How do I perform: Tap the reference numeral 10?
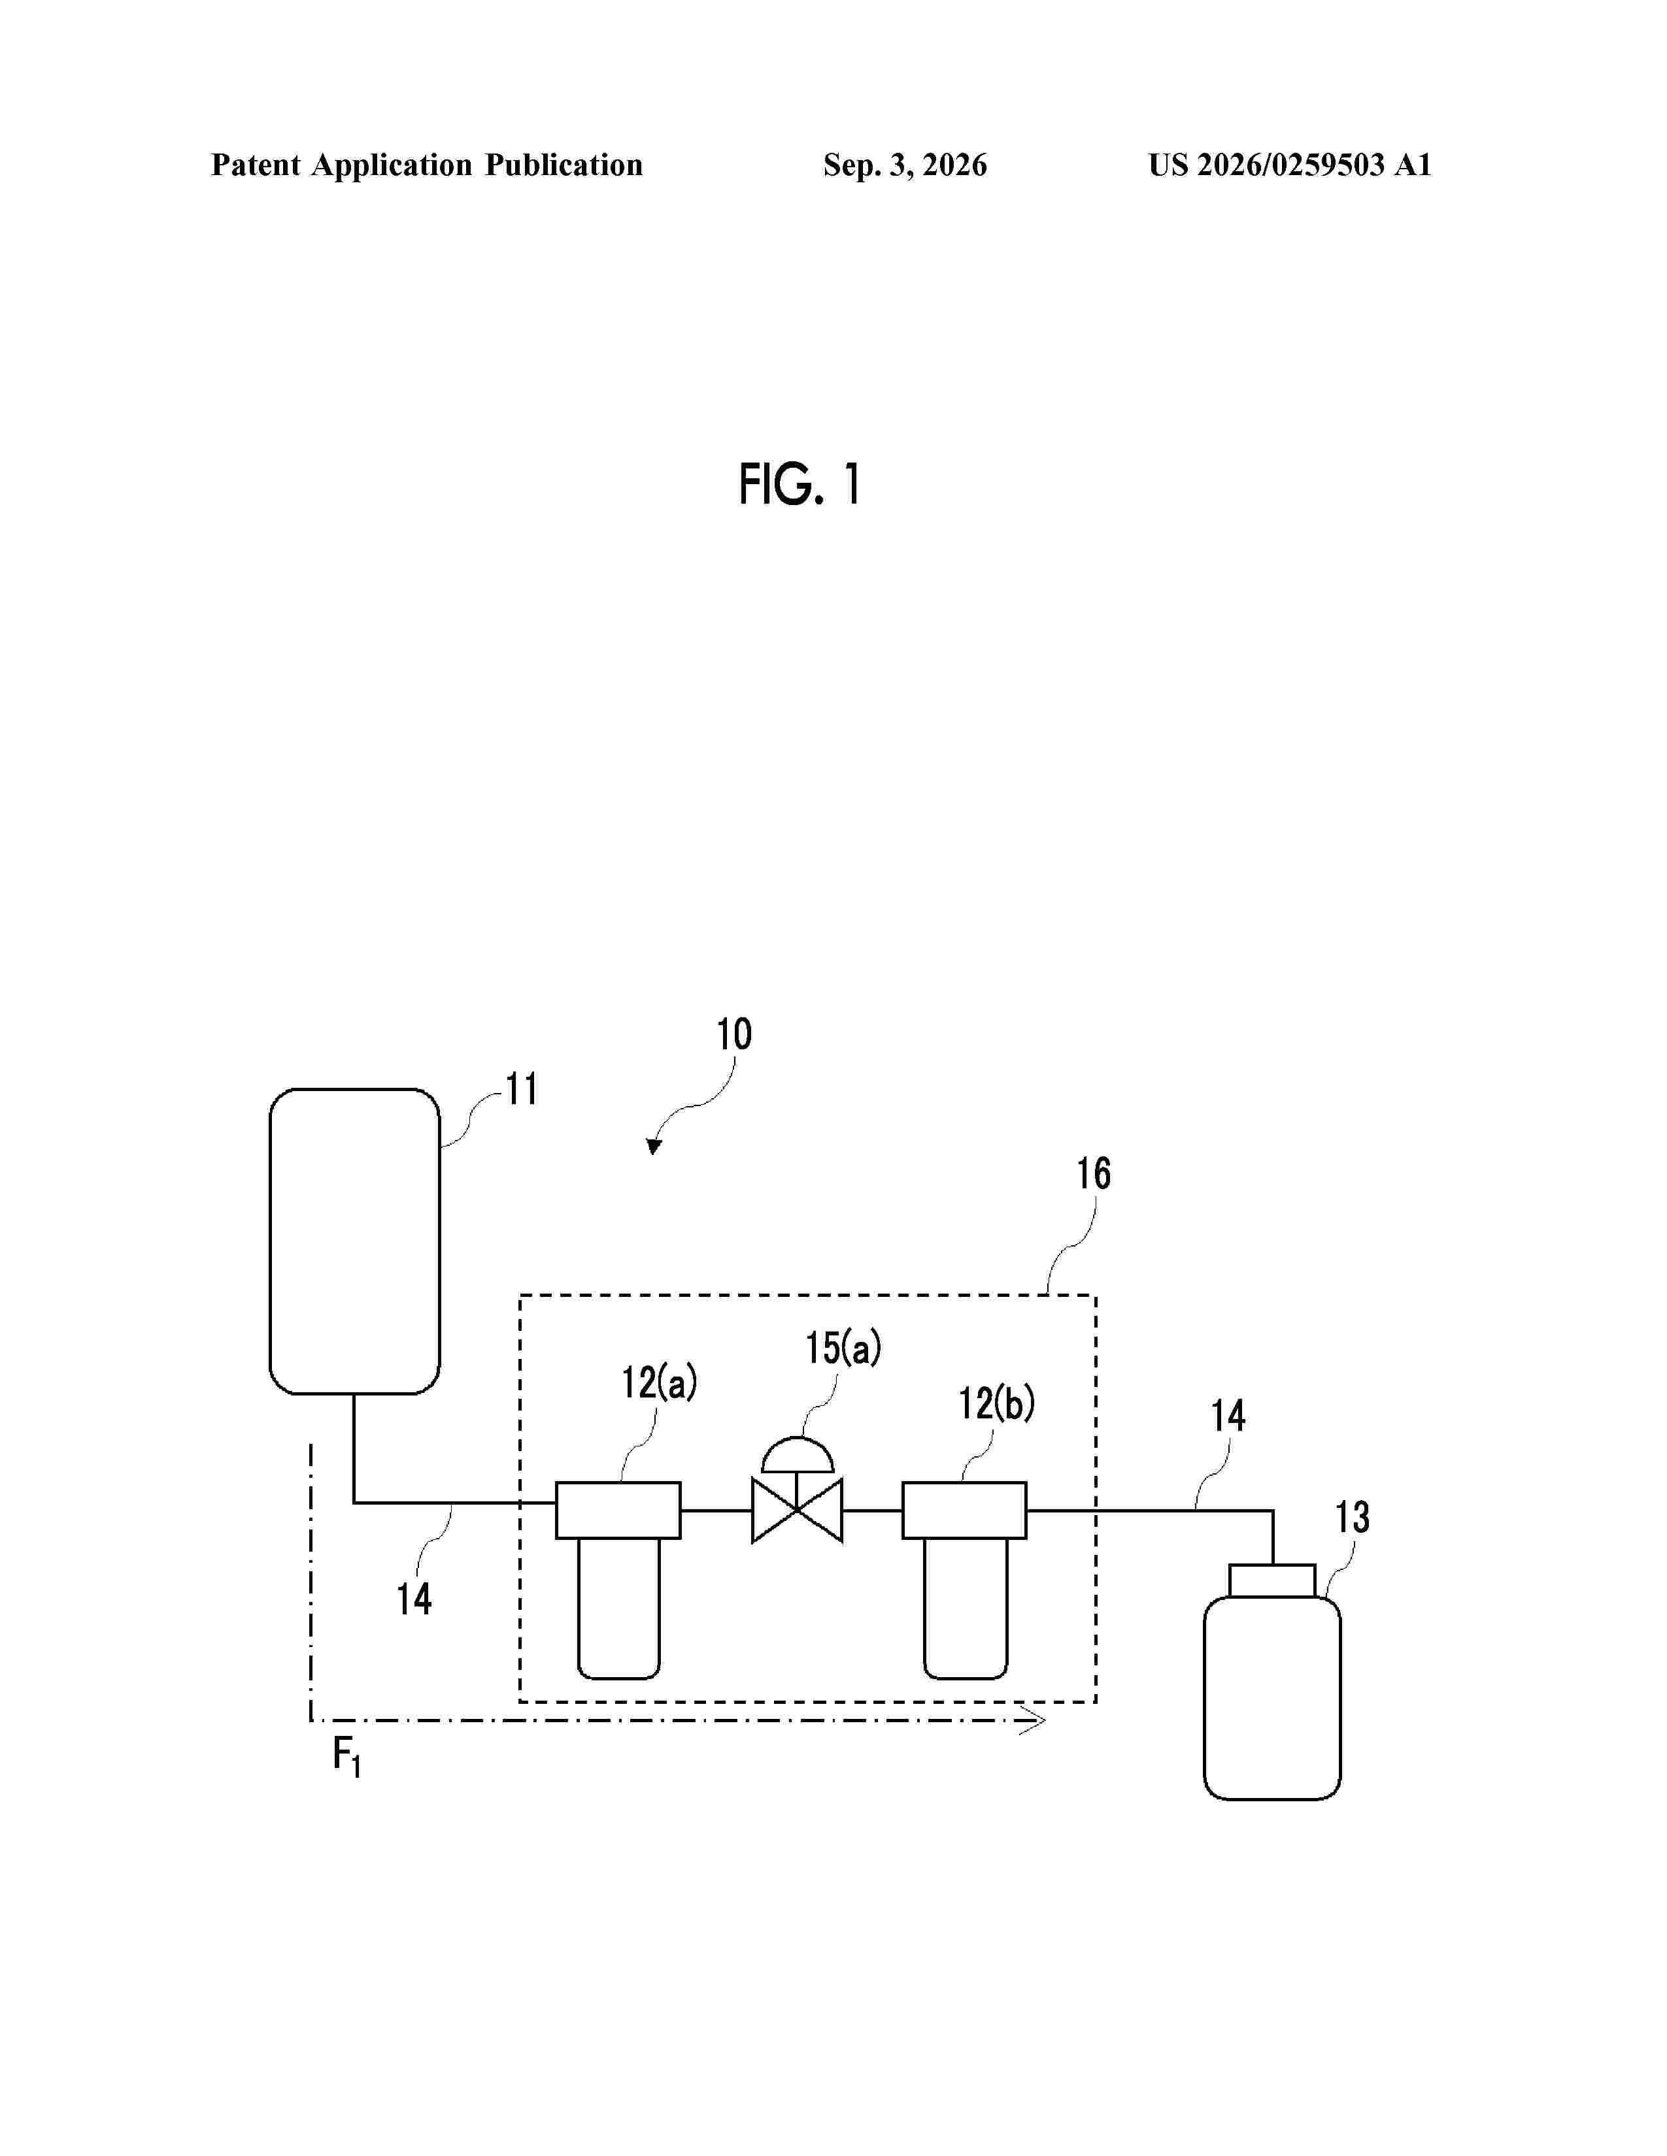[x=733, y=1035]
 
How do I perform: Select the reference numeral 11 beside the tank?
[x=522, y=1090]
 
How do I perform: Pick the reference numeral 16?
[x=1093, y=1174]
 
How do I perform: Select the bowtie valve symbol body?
[x=797, y=1511]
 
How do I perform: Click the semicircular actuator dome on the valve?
[x=797, y=1455]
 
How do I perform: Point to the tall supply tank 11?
[x=354, y=1241]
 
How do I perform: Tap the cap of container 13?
[x=1272, y=1580]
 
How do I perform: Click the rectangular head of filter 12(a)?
[x=618, y=1511]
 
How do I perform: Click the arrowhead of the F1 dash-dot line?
[x=1034, y=1721]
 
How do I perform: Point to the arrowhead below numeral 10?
[x=654, y=1146]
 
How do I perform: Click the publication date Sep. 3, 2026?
[x=905, y=165]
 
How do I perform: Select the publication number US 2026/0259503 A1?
[x=1290, y=165]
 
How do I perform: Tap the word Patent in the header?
[x=255, y=165]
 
